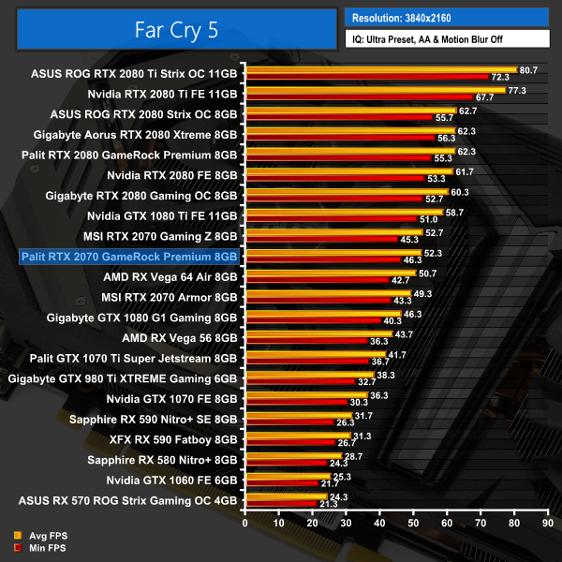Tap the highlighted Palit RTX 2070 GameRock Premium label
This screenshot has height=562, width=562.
129,256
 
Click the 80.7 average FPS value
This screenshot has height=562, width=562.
528,70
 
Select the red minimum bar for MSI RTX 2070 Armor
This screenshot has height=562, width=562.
317,301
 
